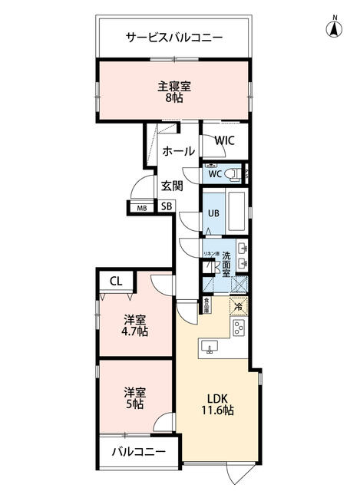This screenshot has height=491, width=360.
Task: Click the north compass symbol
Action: pyautogui.click(x=335, y=28)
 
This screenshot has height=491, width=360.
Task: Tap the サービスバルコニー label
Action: pyautogui.click(x=174, y=36)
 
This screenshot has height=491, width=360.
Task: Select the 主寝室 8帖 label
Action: pyautogui.click(x=174, y=91)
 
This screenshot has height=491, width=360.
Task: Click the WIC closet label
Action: pyautogui.click(x=225, y=140)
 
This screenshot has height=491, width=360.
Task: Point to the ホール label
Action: pyautogui.click(x=179, y=151)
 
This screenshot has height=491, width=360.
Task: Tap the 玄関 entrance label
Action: pyautogui.click(x=172, y=185)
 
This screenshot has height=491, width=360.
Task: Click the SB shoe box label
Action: pyautogui.click(x=166, y=206)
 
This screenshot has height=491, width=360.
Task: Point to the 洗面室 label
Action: pyautogui.click(x=227, y=264)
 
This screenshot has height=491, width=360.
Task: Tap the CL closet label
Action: pyautogui.click(x=115, y=281)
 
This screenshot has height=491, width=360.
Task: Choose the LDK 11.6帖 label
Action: pyautogui.click(x=219, y=404)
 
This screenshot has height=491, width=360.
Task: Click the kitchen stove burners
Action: pyautogui.click(x=239, y=329)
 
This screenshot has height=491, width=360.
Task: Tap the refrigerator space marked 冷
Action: pyautogui.click(x=238, y=307)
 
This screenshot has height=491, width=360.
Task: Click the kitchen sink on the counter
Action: pyautogui.click(x=209, y=348)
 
